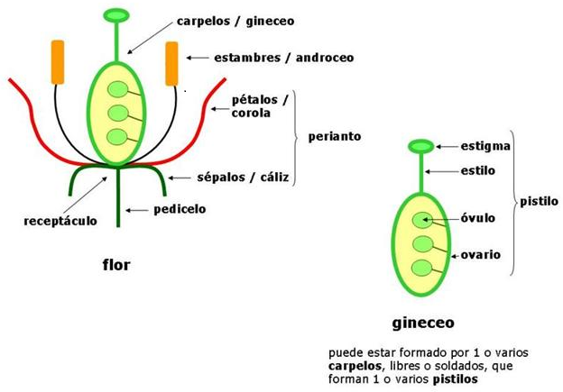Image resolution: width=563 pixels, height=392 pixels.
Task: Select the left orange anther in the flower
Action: [58, 63]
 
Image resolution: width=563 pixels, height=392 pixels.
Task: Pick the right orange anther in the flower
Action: [172, 63]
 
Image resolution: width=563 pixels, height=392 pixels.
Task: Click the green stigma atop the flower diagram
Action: [116, 15]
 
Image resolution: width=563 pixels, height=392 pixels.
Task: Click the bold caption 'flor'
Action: [118, 265]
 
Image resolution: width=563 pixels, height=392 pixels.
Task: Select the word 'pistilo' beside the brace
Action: [539, 201]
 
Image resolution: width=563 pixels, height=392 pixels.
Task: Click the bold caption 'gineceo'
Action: [423, 321]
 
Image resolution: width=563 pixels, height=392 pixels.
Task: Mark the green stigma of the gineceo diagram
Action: [421, 146]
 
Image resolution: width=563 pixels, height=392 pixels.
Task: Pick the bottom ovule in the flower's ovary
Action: [117, 137]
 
